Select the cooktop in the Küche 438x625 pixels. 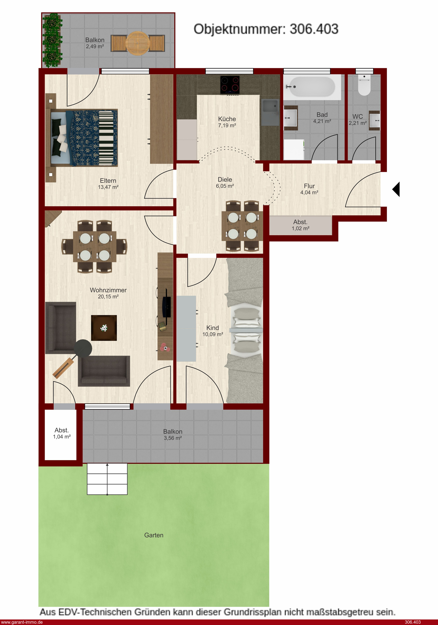pyautogui.click(x=230, y=85)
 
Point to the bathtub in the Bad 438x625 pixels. pyautogui.click(x=312, y=87)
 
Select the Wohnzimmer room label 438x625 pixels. pyautogui.click(x=108, y=290)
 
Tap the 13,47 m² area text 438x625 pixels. pyautogui.click(x=108, y=187)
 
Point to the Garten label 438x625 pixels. pyautogui.click(x=154, y=535)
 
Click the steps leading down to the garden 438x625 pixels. pyautogui.click(x=107, y=479)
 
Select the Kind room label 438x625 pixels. pyautogui.click(x=213, y=328)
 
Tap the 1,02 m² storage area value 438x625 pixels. pyautogui.click(x=301, y=228)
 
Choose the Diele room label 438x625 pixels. pyautogui.click(x=225, y=179)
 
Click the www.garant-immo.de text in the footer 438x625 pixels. pyautogui.click(x=22, y=622)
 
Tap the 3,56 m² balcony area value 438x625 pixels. pyautogui.click(x=173, y=438)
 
